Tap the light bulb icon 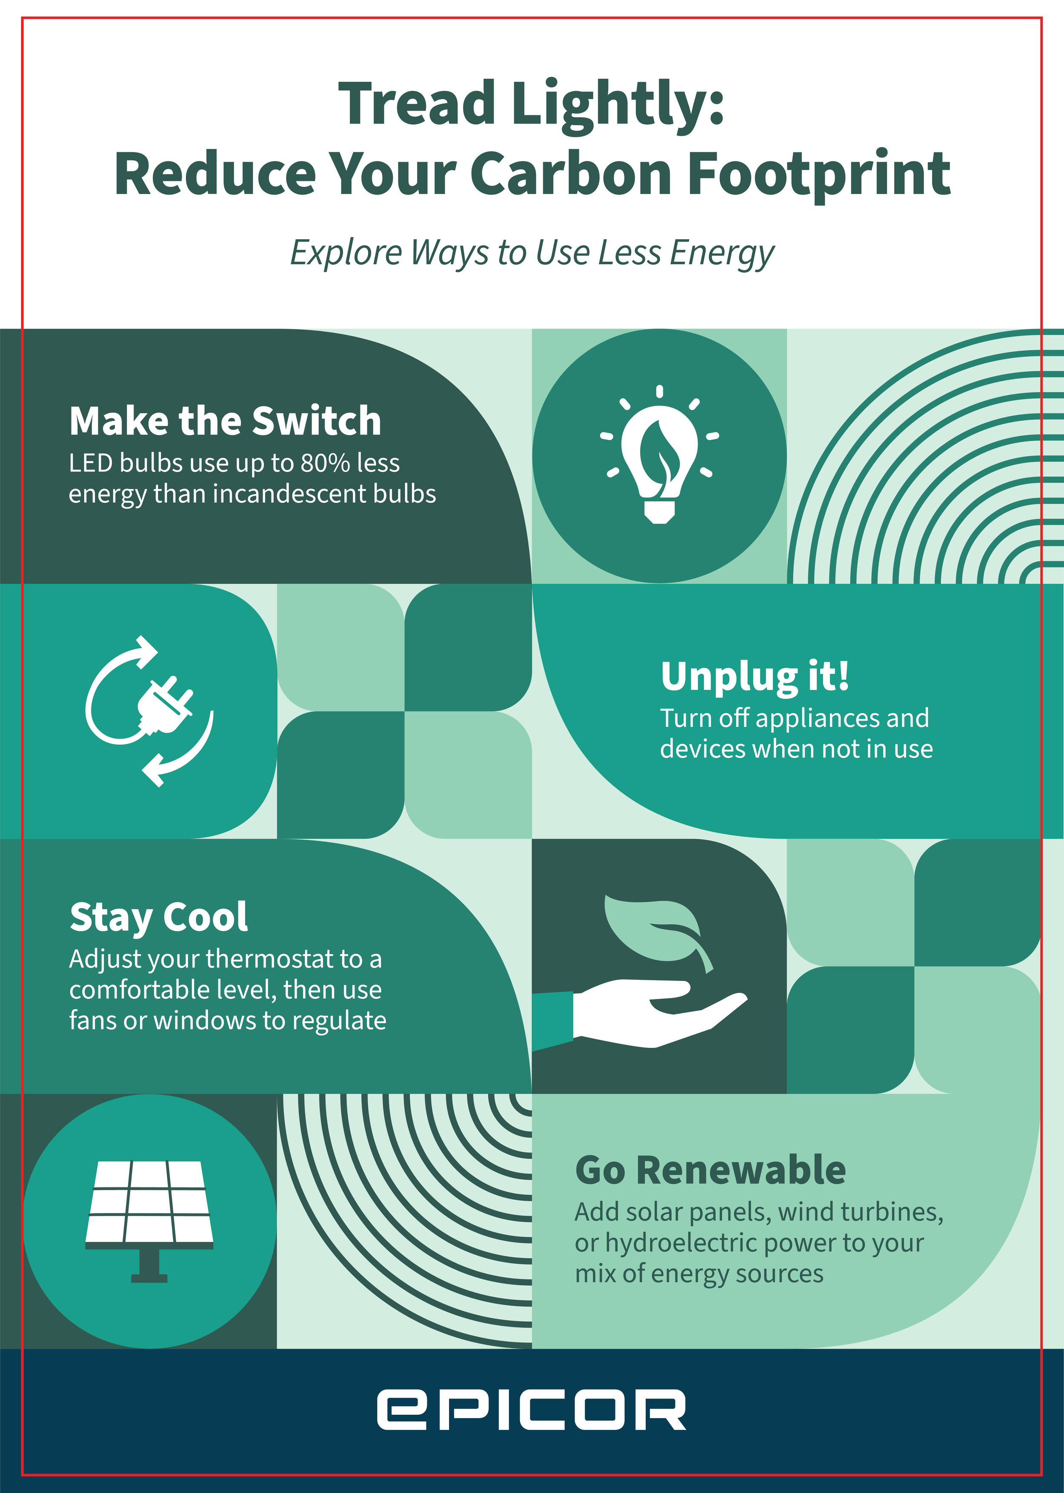pos(659,455)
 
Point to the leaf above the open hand pos(655,929)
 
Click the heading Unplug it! pos(755,676)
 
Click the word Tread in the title pos(417,103)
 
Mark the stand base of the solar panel pos(149,1278)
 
